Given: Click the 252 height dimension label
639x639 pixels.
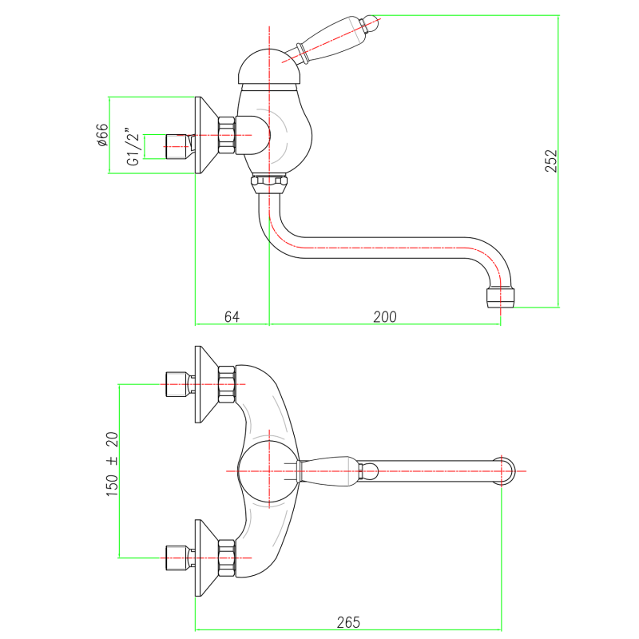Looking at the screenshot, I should click(x=551, y=160).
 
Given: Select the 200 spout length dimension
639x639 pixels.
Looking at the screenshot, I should click(x=384, y=316).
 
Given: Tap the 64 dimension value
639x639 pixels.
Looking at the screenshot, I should click(x=232, y=316).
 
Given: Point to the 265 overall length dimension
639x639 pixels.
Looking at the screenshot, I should click(x=349, y=621).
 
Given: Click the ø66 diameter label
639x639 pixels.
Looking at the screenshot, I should click(x=102, y=136).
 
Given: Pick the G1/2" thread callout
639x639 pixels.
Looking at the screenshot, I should click(x=133, y=147).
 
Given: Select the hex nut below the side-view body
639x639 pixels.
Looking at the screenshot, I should click(x=268, y=185).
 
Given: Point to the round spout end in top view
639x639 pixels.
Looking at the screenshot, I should click(x=506, y=470).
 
